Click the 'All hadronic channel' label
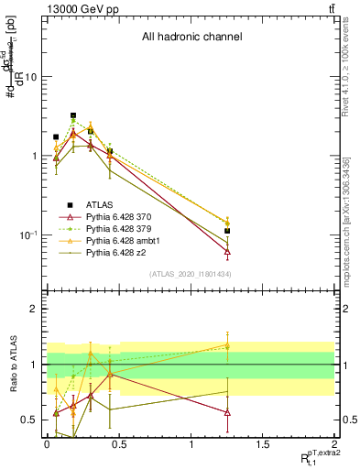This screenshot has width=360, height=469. [191, 38]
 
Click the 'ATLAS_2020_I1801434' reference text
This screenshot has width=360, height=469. [190, 275]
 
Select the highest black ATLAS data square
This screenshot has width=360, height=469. [73, 116]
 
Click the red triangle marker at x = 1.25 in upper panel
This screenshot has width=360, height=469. [227, 251]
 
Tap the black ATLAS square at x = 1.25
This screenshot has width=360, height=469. [227, 231]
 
